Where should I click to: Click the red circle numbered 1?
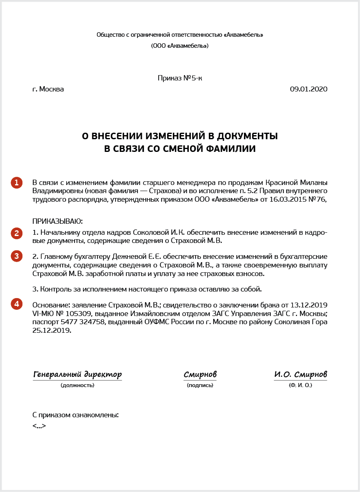tap(16, 183)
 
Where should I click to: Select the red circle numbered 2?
tap(16, 233)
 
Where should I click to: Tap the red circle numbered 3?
tap(16, 256)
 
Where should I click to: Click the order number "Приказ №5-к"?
tap(180, 78)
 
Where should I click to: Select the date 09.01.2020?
tap(309, 89)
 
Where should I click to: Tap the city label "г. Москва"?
tap(48, 89)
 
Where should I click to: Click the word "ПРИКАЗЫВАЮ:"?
tap(57, 221)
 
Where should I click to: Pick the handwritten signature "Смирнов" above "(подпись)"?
tap(200, 374)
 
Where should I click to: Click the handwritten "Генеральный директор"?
tap(77, 374)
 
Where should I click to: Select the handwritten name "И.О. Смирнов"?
tap(300, 374)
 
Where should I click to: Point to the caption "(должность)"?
tap(77, 385)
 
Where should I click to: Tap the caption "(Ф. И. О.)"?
tap(300, 385)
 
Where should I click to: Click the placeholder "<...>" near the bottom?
tap(39, 425)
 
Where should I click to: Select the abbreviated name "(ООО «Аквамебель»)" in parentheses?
tap(180, 46)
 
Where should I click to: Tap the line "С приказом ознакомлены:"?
tap(75, 415)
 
